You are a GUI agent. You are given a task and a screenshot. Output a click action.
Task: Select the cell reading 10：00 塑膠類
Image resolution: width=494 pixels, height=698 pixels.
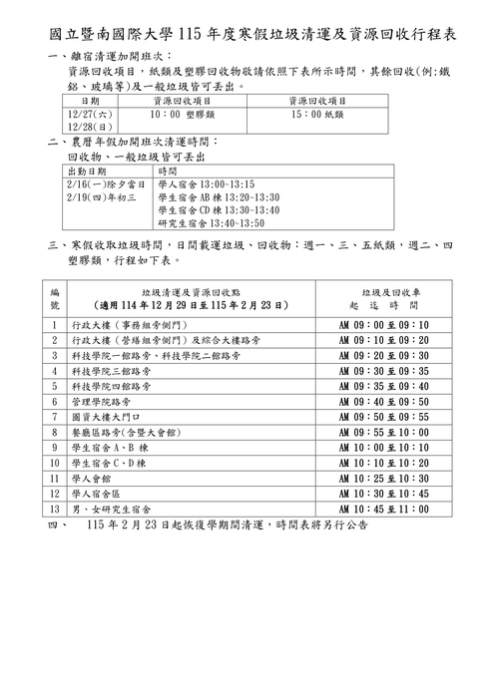[x=186, y=116]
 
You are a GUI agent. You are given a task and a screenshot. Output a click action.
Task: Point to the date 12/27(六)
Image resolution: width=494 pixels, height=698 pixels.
[x=84, y=116]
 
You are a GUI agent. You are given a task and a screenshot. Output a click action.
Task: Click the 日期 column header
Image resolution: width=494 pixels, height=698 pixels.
[x=89, y=102]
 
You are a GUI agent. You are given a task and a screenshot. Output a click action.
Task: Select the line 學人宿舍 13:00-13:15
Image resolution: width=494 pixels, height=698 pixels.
[x=207, y=184]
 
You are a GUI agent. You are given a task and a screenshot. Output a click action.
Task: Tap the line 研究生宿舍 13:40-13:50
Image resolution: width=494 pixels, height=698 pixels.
[x=212, y=223]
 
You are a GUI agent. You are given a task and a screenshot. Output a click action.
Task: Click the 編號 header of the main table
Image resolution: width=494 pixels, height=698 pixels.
[x=55, y=297]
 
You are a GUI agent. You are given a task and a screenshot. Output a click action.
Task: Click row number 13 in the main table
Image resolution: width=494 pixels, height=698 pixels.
[x=55, y=509]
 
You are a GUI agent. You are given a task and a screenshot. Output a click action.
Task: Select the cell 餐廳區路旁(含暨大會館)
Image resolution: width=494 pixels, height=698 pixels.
[x=126, y=432]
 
